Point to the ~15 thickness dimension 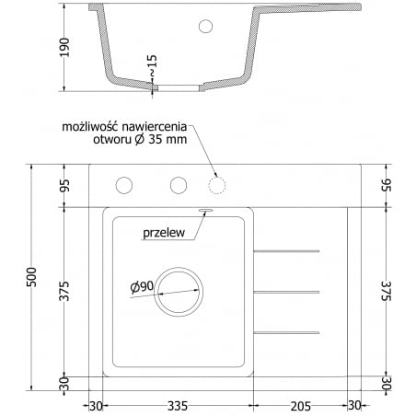(153, 65)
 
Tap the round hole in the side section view (206, 26)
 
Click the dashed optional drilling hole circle (217, 186)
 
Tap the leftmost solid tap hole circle (123, 186)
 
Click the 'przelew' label (166, 234)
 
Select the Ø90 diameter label (142, 287)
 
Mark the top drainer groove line (286, 250)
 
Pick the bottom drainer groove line (286, 331)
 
